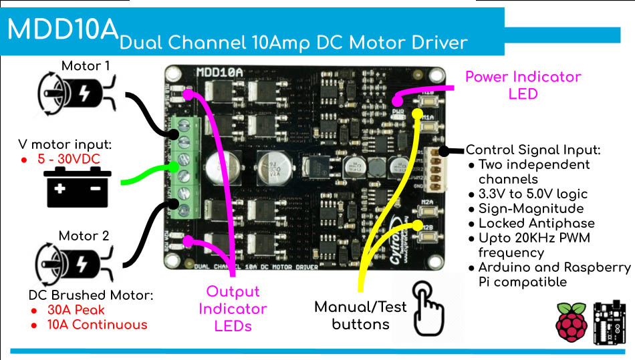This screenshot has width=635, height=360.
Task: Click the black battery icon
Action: tap(78, 187)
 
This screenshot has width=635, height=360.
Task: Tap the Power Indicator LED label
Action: tap(523, 85)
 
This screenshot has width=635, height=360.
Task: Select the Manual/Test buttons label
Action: tap(360, 316)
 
